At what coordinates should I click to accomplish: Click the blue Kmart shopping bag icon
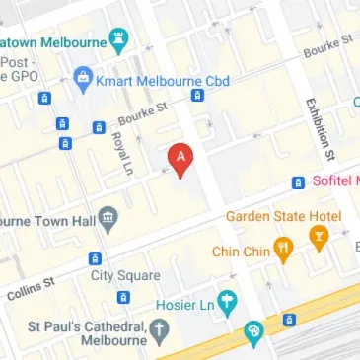coord(83,77)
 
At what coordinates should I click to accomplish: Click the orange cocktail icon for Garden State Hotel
coord(318,238)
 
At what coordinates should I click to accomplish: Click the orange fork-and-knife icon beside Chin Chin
coord(283,251)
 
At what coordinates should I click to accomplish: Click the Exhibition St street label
coord(321,127)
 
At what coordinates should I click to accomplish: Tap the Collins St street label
coord(31,287)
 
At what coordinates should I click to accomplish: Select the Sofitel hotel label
coord(337,181)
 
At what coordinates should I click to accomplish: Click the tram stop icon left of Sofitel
coord(298,182)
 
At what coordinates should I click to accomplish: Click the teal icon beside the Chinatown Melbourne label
coord(120,42)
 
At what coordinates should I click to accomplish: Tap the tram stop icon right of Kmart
coord(197,96)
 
